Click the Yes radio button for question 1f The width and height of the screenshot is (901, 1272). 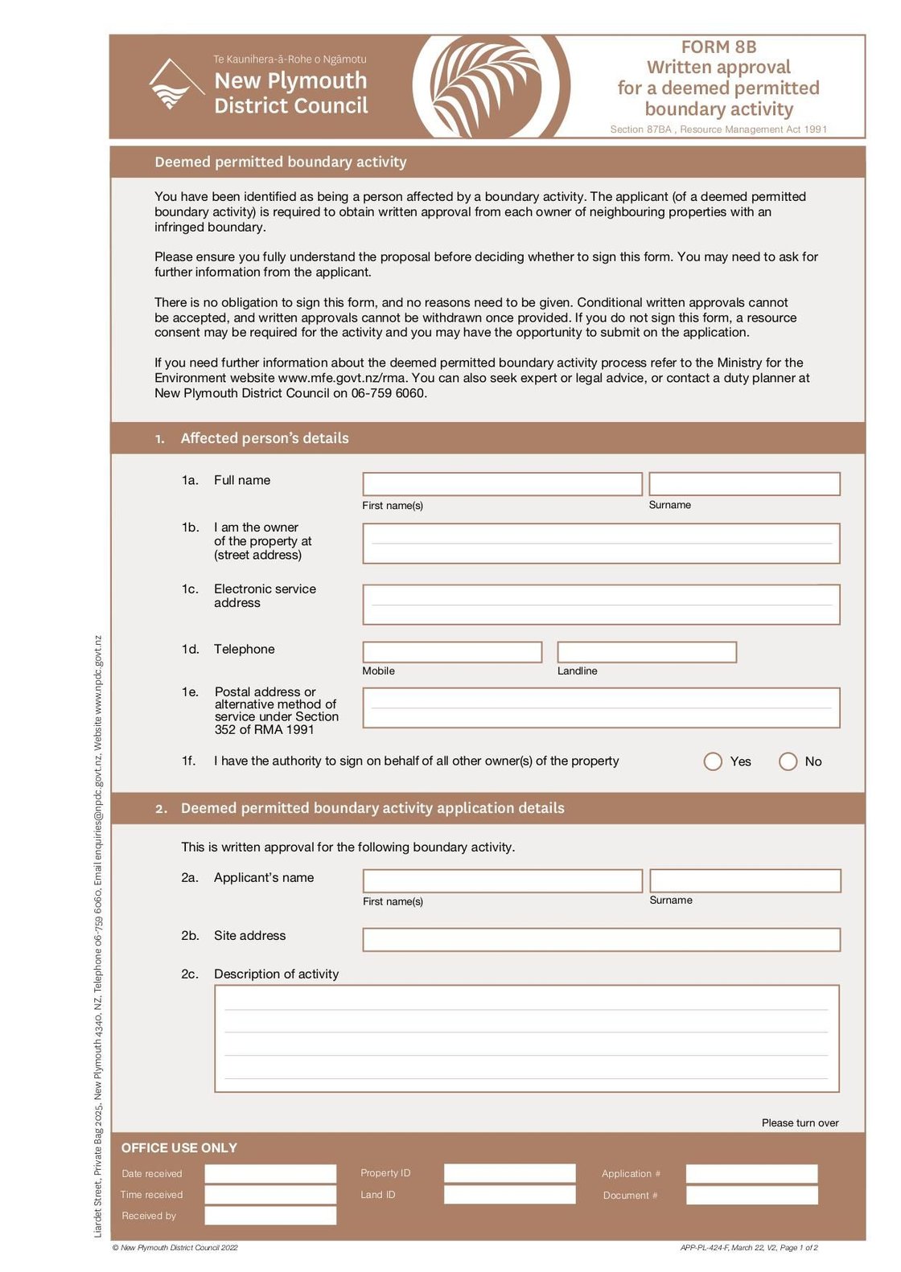tap(713, 761)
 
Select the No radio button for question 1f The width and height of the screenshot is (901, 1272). tap(788, 761)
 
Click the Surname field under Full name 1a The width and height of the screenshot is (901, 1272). tap(744, 484)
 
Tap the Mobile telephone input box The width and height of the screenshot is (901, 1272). tap(452, 652)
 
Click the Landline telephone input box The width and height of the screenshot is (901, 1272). tap(647, 652)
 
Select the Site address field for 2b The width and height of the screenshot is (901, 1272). tap(601, 939)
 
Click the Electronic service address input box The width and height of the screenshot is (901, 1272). tap(601, 605)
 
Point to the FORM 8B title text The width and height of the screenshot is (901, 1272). tap(718, 47)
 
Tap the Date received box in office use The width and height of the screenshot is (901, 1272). tap(270, 1173)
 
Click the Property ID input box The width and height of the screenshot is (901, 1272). tap(509, 1173)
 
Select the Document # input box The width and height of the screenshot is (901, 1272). tap(751, 1195)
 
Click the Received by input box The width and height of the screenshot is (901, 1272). tap(270, 1215)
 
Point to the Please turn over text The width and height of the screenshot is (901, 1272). tap(800, 1122)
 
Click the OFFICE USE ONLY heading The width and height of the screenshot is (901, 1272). tap(179, 1147)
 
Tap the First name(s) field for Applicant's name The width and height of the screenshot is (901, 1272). tap(502, 880)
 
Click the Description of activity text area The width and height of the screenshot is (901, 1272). tap(526, 1038)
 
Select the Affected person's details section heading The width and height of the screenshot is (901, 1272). tap(265, 438)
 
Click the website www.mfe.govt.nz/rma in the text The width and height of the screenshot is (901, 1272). tap(342, 378)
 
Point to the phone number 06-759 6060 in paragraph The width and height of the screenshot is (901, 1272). tap(389, 393)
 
